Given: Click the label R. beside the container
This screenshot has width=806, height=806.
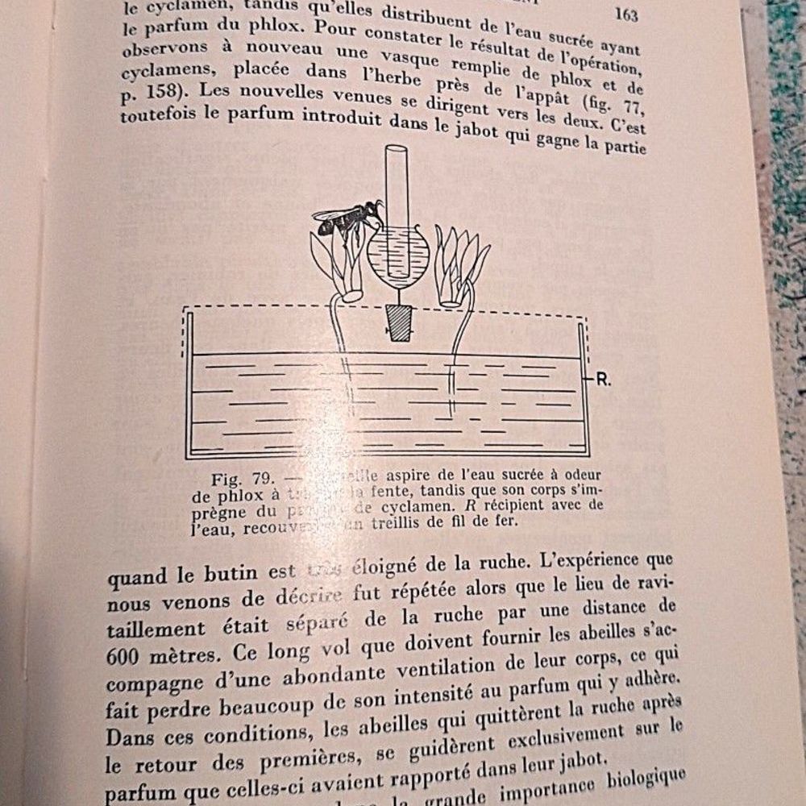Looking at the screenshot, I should [604, 380].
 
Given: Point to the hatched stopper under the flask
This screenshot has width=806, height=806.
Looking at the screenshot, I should [396, 322].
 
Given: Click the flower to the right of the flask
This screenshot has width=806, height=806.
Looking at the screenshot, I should [460, 265].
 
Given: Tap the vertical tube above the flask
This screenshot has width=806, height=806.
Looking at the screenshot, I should [397, 185].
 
